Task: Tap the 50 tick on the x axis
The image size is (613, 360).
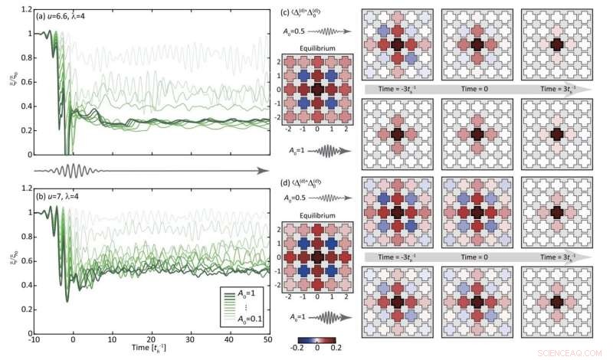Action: (267, 339)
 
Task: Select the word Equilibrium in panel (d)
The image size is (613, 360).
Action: (316, 215)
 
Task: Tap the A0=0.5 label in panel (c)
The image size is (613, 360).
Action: (303, 31)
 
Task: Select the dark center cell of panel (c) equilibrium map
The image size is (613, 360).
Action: (317, 90)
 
